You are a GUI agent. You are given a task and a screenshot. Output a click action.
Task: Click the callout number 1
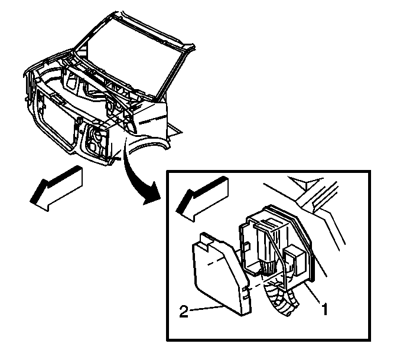pyautogui.click(x=324, y=309)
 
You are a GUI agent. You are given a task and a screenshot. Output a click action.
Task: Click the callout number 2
pyautogui.click(x=184, y=311)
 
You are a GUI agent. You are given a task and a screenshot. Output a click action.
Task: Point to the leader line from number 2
pyautogui.click(x=206, y=308)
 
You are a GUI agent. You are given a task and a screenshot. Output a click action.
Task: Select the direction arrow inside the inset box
pyautogui.click(x=202, y=199)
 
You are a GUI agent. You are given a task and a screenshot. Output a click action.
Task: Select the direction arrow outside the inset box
pyautogui.click(x=56, y=188)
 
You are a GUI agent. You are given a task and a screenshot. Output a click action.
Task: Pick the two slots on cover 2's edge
pyautogui.click(x=245, y=293)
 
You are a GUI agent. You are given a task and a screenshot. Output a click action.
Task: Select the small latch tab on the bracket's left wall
pyautogui.click(x=245, y=246)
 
